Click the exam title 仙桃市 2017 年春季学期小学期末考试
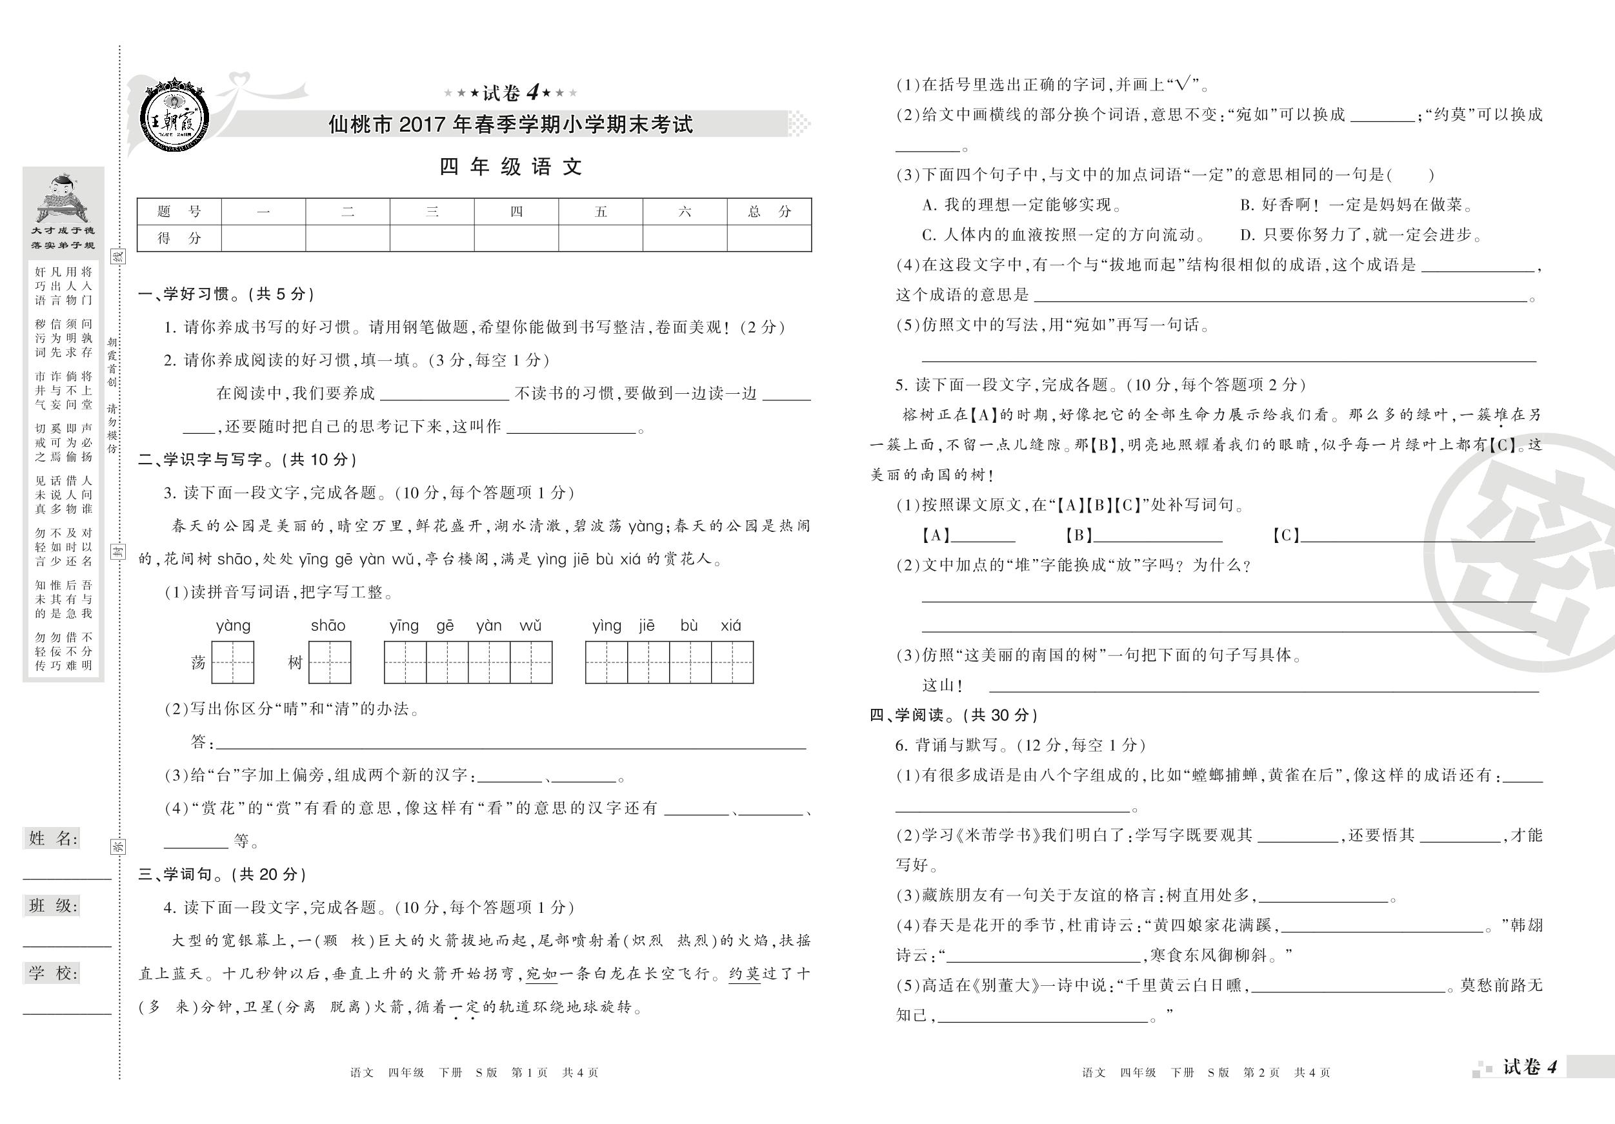510,125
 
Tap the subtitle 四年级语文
510,167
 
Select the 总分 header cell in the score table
769,211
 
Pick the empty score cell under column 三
432,238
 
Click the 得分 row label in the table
179,238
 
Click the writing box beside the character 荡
233,662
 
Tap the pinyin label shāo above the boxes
328,625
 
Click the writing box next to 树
329,662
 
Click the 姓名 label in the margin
54,837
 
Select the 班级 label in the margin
54,905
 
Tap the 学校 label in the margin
54,973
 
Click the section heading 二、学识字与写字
248,460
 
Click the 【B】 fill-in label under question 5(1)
1078,535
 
